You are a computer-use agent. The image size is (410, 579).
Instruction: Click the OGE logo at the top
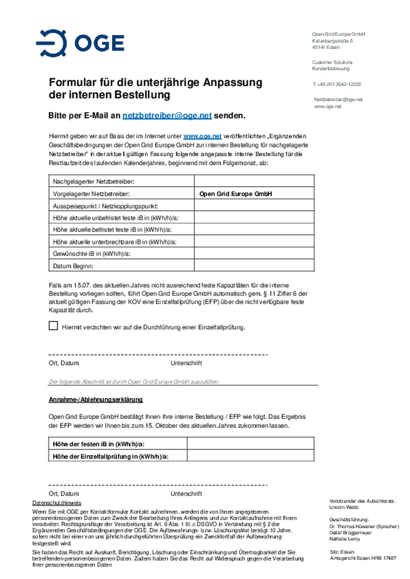pyautogui.click(x=80, y=43)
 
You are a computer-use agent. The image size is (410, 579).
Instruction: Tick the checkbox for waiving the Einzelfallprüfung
pyautogui.click(x=53, y=326)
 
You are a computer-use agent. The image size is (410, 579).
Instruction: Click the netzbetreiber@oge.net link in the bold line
pyautogui.click(x=167, y=116)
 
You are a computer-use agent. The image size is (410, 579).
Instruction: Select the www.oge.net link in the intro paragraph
pyautogui.click(x=202, y=136)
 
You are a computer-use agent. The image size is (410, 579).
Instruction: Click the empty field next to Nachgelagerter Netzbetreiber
pyautogui.click(x=254, y=181)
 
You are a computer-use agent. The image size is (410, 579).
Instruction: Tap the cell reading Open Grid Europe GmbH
pyautogui.click(x=235, y=194)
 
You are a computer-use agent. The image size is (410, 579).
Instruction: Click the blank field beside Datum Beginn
pyautogui.click(x=254, y=266)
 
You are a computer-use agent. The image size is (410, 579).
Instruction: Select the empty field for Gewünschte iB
pyautogui.click(x=254, y=253)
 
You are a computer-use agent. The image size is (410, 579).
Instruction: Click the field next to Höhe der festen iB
pyautogui.click(x=251, y=444)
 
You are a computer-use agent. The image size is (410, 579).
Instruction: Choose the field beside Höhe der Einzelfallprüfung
pyautogui.click(x=251, y=456)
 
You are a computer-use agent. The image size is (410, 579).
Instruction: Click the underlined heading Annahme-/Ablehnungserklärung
pyautogui.click(x=96, y=400)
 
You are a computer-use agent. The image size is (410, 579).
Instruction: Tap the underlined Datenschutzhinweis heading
pyautogui.click(x=57, y=503)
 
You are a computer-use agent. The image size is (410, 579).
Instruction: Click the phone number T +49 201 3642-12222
pyautogui.click(x=337, y=84)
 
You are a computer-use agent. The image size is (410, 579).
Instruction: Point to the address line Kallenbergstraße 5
pyautogui.click(x=332, y=41)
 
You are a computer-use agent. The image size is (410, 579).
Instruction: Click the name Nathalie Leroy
pyautogui.click(x=345, y=539)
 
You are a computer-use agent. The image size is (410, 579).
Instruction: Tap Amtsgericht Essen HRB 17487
pyautogui.click(x=363, y=558)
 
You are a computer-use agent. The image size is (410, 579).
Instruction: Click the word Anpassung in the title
pyautogui.click(x=232, y=83)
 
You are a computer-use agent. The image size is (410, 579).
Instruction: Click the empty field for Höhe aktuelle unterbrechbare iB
pyautogui.click(x=254, y=241)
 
